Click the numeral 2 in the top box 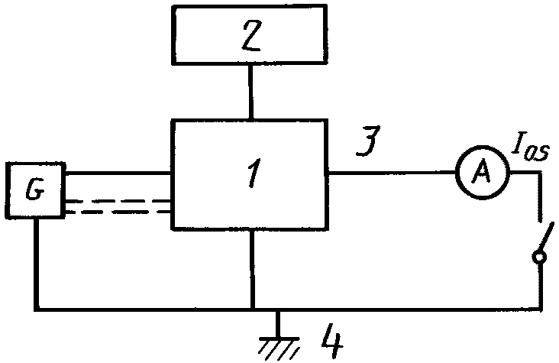click(252, 35)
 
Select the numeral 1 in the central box click(254, 173)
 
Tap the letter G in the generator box click(35, 190)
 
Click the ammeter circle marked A click(483, 173)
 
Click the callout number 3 click(368, 141)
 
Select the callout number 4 click(332, 341)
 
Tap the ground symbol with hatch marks click(279, 348)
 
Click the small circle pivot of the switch click(539, 257)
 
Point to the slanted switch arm click(547, 237)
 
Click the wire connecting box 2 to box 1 click(251, 92)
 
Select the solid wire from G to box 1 click(118, 173)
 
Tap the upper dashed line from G click(118, 201)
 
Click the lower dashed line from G click(118, 212)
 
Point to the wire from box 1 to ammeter click(392, 173)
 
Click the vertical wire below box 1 click(252, 269)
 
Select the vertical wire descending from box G click(37, 263)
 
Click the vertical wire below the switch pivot click(541, 286)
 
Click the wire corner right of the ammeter click(541, 173)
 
